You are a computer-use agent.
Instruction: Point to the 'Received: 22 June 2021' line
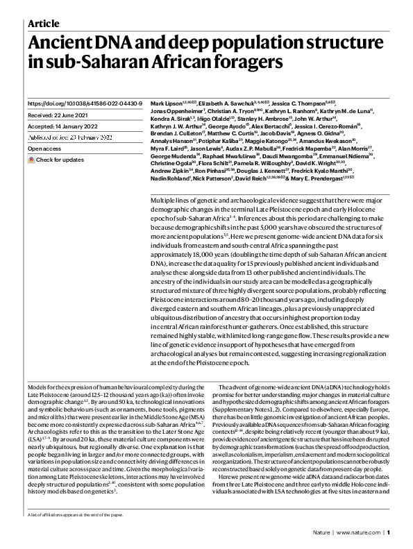tap(60, 115)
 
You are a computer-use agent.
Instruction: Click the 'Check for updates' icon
tap(31, 160)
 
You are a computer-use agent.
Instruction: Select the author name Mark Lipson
tap(166, 103)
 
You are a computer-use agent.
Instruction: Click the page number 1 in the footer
tap(389, 534)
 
